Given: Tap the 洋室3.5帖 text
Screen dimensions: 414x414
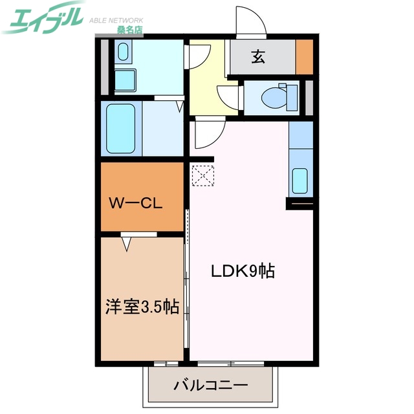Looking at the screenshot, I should [142, 307].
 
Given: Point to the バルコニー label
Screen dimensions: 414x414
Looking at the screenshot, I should [211, 386].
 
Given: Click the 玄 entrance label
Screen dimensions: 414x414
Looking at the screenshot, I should [258, 57].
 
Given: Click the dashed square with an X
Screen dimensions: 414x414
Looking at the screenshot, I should [202, 175].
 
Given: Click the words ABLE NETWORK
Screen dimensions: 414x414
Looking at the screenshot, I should [115, 19].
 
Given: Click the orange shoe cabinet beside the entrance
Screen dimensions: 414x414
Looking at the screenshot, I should [304, 57].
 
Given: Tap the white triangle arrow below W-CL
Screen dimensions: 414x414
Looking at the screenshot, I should [127, 244].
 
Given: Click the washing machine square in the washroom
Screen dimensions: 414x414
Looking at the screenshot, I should [125, 80].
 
